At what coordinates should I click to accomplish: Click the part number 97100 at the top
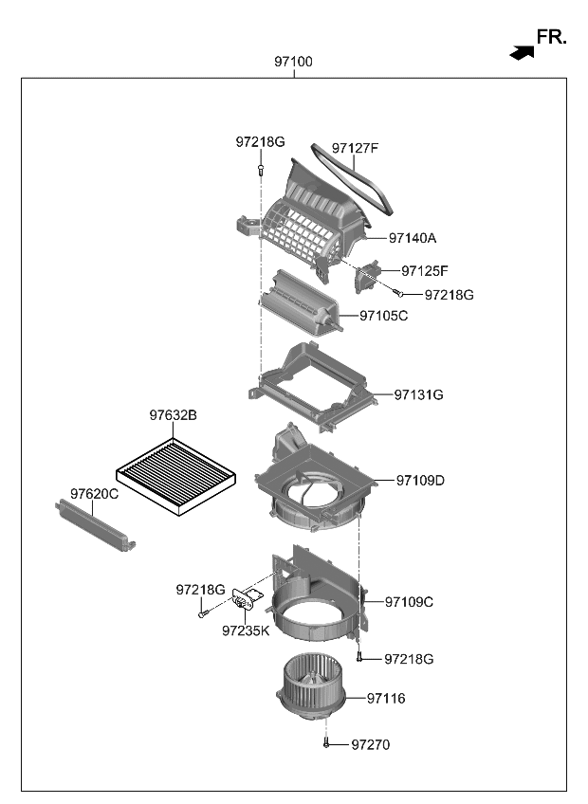pyautogui.click(x=293, y=62)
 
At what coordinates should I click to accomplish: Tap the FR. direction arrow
pyautogui.click(x=522, y=53)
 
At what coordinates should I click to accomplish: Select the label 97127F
pyautogui.click(x=355, y=148)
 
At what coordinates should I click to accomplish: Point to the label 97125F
pyautogui.click(x=424, y=271)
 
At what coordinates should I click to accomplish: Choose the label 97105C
pyautogui.click(x=383, y=316)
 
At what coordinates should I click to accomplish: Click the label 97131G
pyautogui.click(x=418, y=394)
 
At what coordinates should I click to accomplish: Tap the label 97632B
pyautogui.click(x=173, y=415)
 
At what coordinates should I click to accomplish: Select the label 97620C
pyautogui.click(x=94, y=494)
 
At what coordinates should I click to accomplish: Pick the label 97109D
pyautogui.click(x=420, y=481)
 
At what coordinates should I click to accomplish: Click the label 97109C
pyautogui.click(x=409, y=601)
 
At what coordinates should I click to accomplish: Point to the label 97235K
pyautogui.click(x=246, y=629)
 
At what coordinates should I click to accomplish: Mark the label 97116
pyautogui.click(x=386, y=699)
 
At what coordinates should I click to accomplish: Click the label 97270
pyautogui.click(x=370, y=745)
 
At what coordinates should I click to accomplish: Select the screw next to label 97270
pyautogui.click(x=326, y=744)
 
